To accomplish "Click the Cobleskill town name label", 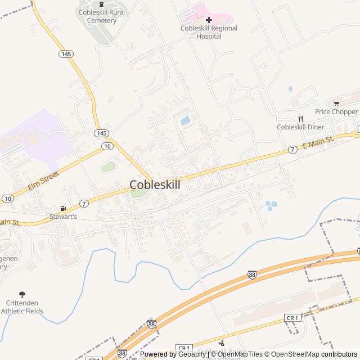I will pyautogui.click(x=155, y=184).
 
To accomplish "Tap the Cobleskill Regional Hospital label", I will pyautogui.click(x=209, y=32).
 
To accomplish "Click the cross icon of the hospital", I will pyautogui.click(x=209, y=20).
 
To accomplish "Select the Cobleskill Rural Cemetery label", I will pyautogui.click(x=101, y=16).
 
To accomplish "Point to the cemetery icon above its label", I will pyautogui.click(x=101, y=4).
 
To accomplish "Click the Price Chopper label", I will pyautogui.click(x=336, y=112).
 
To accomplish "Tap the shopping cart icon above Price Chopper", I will pyautogui.click(x=336, y=103).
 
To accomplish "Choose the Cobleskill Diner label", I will pyautogui.click(x=300, y=127).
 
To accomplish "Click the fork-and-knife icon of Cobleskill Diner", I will pyautogui.click(x=300, y=119).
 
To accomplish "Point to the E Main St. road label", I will pyautogui.click(x=318, y=142).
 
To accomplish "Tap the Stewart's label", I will pyautogui.click(x=62, y=216).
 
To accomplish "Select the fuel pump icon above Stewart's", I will pyautogui.click(x=62, y=208).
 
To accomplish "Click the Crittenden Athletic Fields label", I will pyautogui.click(x=22, y=307).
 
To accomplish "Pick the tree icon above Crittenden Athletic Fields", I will pyautogui.click(x=22, y=294).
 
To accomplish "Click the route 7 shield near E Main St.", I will pyautogui.click(x=292, y=150).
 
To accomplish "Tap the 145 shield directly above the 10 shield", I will pyautogui.click(x=101, y=133).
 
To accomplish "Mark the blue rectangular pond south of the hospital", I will pyautogui.click(x=185, y=120).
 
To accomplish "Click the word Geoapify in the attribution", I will pyautogui.click(x=192, y=354).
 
